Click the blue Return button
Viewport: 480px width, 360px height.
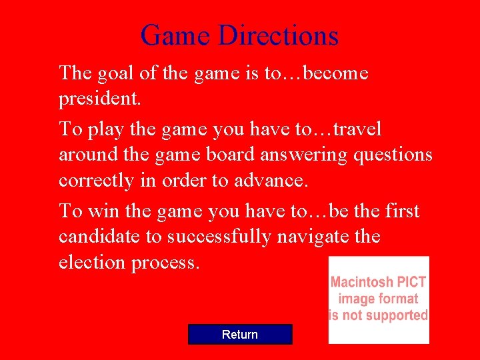tap(240, 334)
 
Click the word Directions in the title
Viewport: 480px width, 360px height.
tap(279, 35)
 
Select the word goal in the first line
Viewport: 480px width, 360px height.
tap(113, 73)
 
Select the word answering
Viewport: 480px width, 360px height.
tap(303, 155)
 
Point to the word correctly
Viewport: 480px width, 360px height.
tap(100, 181)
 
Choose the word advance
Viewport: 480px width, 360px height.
tap(269, 181)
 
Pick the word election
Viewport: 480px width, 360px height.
tap(93, 262)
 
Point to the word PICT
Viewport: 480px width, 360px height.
tap(413, 282)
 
